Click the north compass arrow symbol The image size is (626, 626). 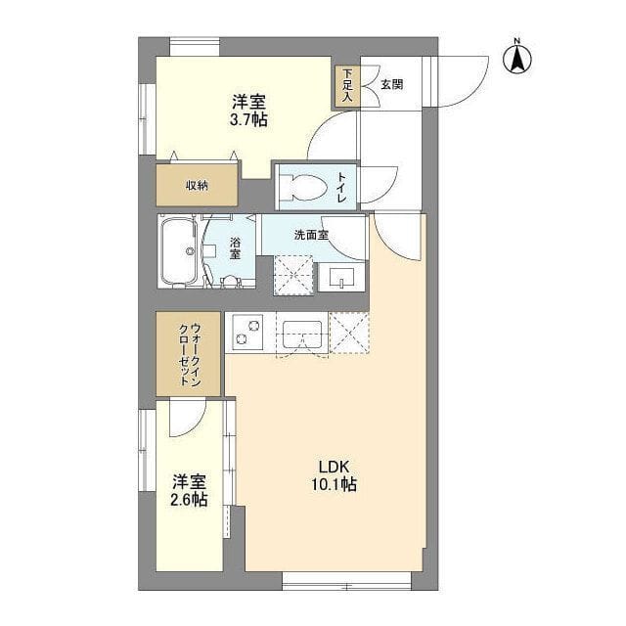point(517,59)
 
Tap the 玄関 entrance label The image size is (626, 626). point(391,85)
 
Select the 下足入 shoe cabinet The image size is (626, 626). point(347,85)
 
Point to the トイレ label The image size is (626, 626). point(342,187)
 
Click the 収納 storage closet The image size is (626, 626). point(197,185)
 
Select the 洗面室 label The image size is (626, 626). point(311,236)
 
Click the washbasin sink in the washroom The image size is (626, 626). point(341,278)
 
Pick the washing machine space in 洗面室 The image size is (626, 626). point(293,276)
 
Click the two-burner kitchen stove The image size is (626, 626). point(245,333)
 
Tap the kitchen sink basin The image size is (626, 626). point(302,335)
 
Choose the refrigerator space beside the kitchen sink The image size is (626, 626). point(350,333)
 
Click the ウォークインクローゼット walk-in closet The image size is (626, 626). point(188,354)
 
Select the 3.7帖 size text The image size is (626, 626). point(248,119)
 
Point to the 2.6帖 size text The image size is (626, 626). point(189,499)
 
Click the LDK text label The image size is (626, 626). point(334,467)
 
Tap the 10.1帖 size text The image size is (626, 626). point(334,485)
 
